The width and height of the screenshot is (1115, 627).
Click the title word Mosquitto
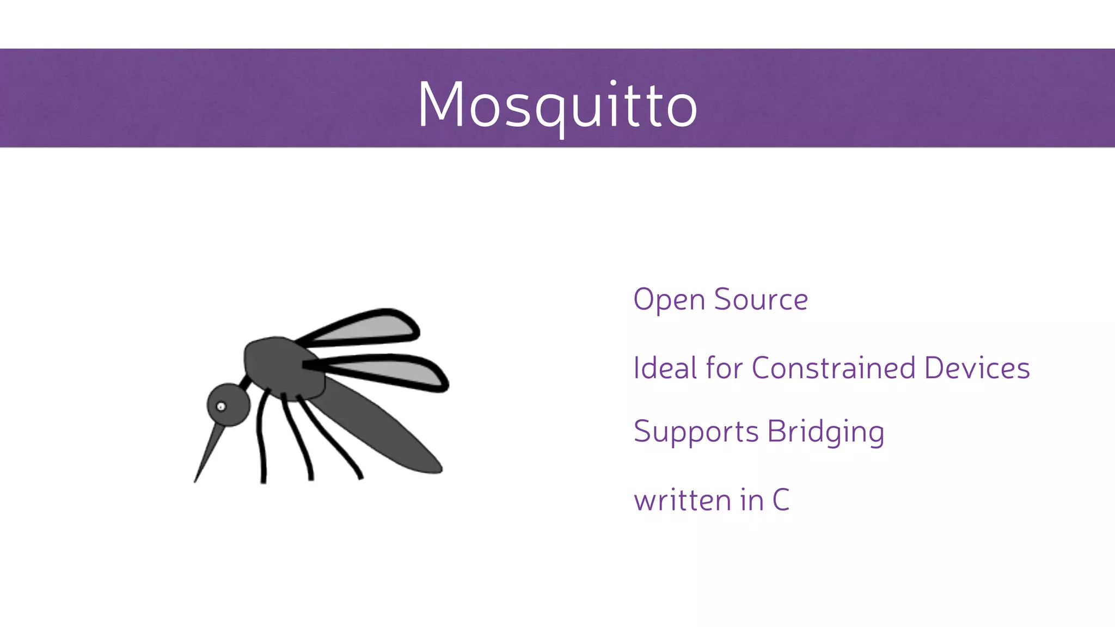coord(557,104)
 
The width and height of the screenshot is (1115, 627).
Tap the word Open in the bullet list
coord(669,300)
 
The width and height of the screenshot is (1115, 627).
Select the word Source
coord(761,300)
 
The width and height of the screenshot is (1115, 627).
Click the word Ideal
coord(665,368)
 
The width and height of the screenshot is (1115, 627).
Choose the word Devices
coord(977,368)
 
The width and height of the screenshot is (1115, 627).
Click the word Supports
coord(696,432)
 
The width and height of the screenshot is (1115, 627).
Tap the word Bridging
coord(825,432)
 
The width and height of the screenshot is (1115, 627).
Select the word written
coord(683,500)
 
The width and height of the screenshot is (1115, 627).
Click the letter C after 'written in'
coord(781,500)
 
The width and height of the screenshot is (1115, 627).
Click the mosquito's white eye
coord(221,407)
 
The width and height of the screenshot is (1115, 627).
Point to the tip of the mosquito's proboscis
coord(195,481)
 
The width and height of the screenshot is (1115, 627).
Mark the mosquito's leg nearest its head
coord(261,435)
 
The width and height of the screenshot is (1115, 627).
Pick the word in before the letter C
coord(752,500)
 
